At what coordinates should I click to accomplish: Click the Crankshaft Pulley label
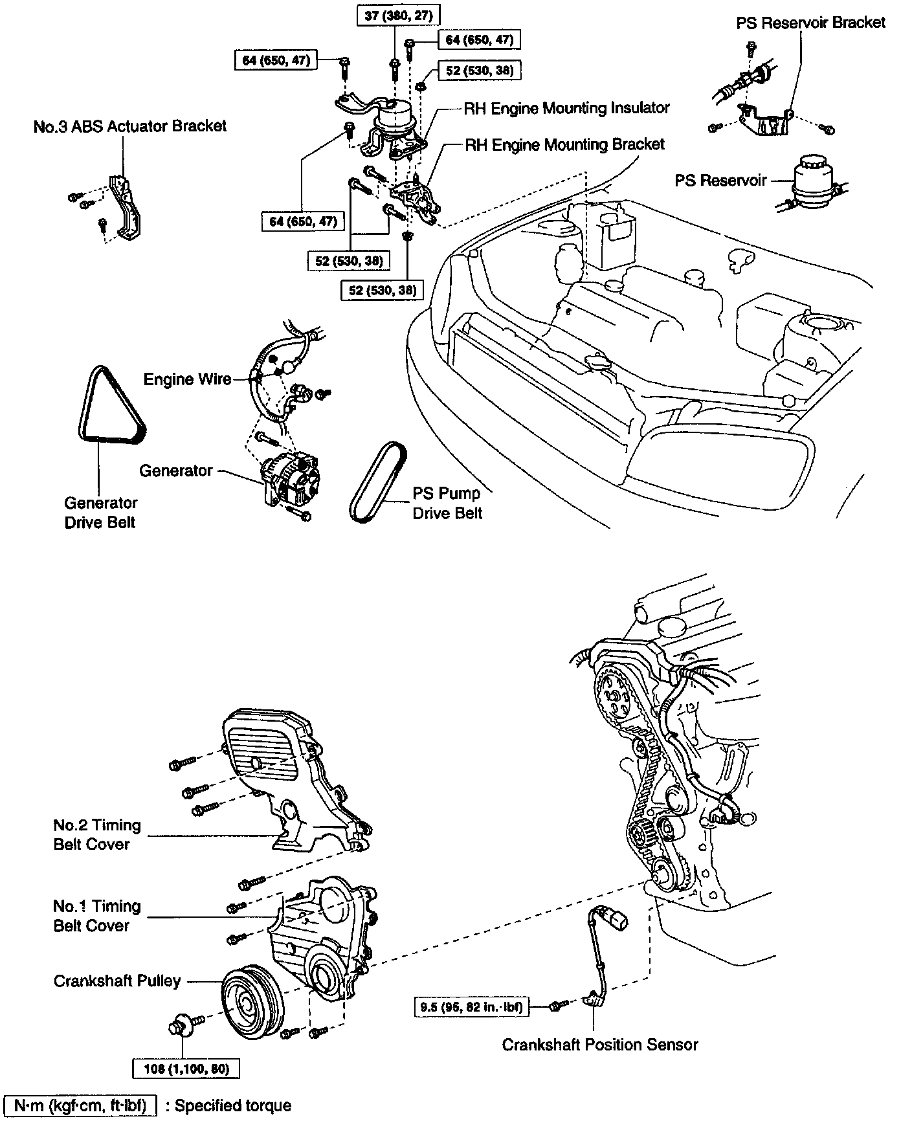[x=117, y=981]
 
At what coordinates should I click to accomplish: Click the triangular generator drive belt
[x=107, y=408]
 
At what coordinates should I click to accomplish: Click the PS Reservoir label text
[x=720, y=180]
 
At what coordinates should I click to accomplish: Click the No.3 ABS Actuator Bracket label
[x=130, y=126]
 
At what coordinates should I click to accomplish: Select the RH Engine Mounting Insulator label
[x=566, y=108]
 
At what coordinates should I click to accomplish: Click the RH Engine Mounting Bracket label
[x=564, y=144]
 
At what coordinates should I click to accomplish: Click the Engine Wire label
[x=187, y=379]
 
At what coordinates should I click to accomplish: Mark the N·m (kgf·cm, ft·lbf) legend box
[x=81, y=1105]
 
